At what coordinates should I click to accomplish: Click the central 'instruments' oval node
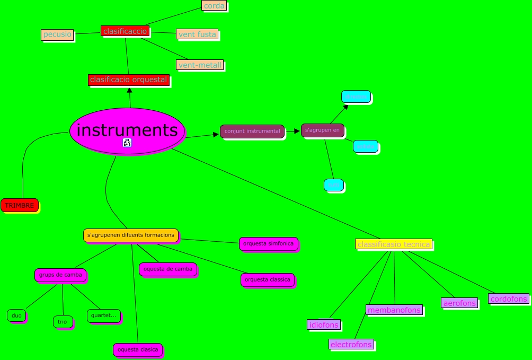[x=127, y=130]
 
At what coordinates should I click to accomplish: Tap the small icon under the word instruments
[x=127, y=142]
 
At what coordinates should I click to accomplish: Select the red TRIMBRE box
[x=20, y=205]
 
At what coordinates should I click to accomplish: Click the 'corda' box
[x=214, y=6]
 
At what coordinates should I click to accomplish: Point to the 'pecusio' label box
[x=57, y=34]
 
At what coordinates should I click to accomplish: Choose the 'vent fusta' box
[x=197, y=34]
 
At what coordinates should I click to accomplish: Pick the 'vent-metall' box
[x=200, y=65]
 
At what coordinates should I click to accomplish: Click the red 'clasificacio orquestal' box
[x=129, y=80]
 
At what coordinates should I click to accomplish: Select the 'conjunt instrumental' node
[x=252, y=131]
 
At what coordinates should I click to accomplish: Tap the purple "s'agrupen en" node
[x=322, y=130]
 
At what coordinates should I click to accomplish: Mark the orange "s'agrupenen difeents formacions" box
[x=131, y=235]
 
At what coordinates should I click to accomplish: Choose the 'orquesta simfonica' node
[x=268, y=243]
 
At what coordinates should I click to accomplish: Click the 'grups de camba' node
[x=60, y=275]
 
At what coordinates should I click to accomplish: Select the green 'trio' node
[x=63, y=321]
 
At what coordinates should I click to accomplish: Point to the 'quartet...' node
[x=103, y=315]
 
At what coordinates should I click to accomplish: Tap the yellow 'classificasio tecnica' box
[x=393, y=244]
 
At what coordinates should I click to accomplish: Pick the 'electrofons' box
[x=351, y=345]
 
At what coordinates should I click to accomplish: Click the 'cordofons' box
[x=509, y=298]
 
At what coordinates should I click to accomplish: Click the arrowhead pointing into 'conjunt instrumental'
[x=217, y=134]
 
